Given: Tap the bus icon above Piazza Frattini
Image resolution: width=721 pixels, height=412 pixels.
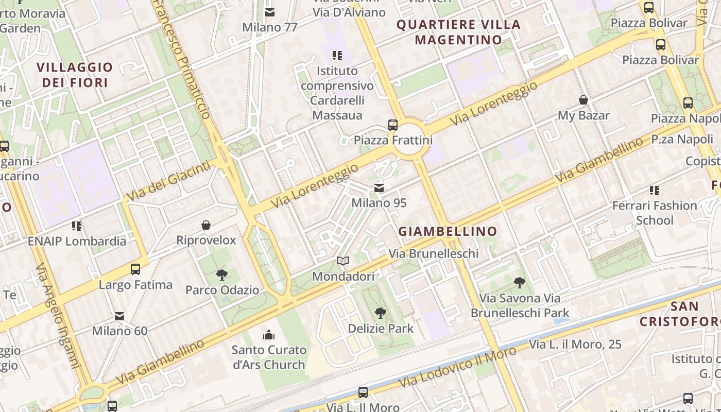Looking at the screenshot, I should pos(392,125).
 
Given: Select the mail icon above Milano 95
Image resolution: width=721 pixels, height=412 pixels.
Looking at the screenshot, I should pos(379,188).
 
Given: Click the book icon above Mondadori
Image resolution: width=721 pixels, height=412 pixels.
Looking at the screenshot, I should pos(343,261).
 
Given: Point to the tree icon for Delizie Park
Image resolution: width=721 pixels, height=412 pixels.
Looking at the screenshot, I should pos(380,313).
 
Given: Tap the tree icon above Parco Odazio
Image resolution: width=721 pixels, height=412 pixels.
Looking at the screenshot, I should pos(222,274).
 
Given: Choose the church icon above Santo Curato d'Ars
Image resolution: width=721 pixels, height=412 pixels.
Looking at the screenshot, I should pos(268,335).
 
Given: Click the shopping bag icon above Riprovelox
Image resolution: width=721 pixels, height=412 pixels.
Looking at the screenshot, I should pos(206,225).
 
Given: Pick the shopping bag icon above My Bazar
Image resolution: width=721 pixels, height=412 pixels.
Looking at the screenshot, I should pos(583,100).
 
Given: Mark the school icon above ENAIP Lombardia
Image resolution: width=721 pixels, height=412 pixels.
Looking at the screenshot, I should pos(77,226).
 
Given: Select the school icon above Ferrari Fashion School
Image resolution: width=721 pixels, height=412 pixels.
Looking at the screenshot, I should pos(654,191).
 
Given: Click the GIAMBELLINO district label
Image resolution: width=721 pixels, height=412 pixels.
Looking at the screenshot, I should pos(448,231).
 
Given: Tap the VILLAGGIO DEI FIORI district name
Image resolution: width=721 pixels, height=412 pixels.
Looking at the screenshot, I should pos(75,75).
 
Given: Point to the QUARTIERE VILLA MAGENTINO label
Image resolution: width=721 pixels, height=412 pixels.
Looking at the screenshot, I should pos(458,32).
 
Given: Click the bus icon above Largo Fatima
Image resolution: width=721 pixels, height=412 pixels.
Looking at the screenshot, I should pos(135,269).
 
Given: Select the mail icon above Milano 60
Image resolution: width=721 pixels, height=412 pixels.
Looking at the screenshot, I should pos(119,316).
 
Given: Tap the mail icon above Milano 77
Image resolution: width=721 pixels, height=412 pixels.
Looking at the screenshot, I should pos(270,12).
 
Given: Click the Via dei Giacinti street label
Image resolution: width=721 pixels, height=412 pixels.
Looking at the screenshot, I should pos(168,181).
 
